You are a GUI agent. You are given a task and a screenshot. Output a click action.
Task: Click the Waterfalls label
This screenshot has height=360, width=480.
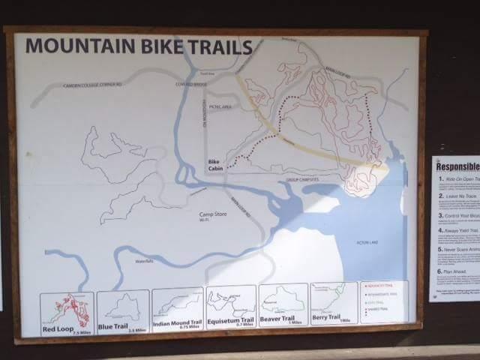(x=145, y=261)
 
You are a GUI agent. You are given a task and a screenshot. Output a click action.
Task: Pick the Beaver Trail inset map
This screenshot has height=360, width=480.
(x=283, y=305)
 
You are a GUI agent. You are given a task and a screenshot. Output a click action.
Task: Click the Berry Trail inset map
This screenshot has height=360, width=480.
(x=334, y=303)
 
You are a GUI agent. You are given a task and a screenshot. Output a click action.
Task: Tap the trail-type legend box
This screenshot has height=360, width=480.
(x=384, y=301)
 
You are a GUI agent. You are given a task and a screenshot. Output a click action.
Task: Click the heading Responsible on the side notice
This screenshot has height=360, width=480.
(x=457, y=167)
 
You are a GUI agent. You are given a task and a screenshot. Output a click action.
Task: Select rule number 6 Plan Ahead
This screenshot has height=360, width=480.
(x=454, y=274)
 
